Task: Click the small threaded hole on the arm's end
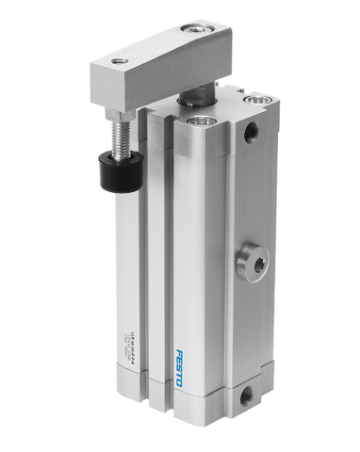(119, 61)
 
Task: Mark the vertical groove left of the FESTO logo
(173, 282)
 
